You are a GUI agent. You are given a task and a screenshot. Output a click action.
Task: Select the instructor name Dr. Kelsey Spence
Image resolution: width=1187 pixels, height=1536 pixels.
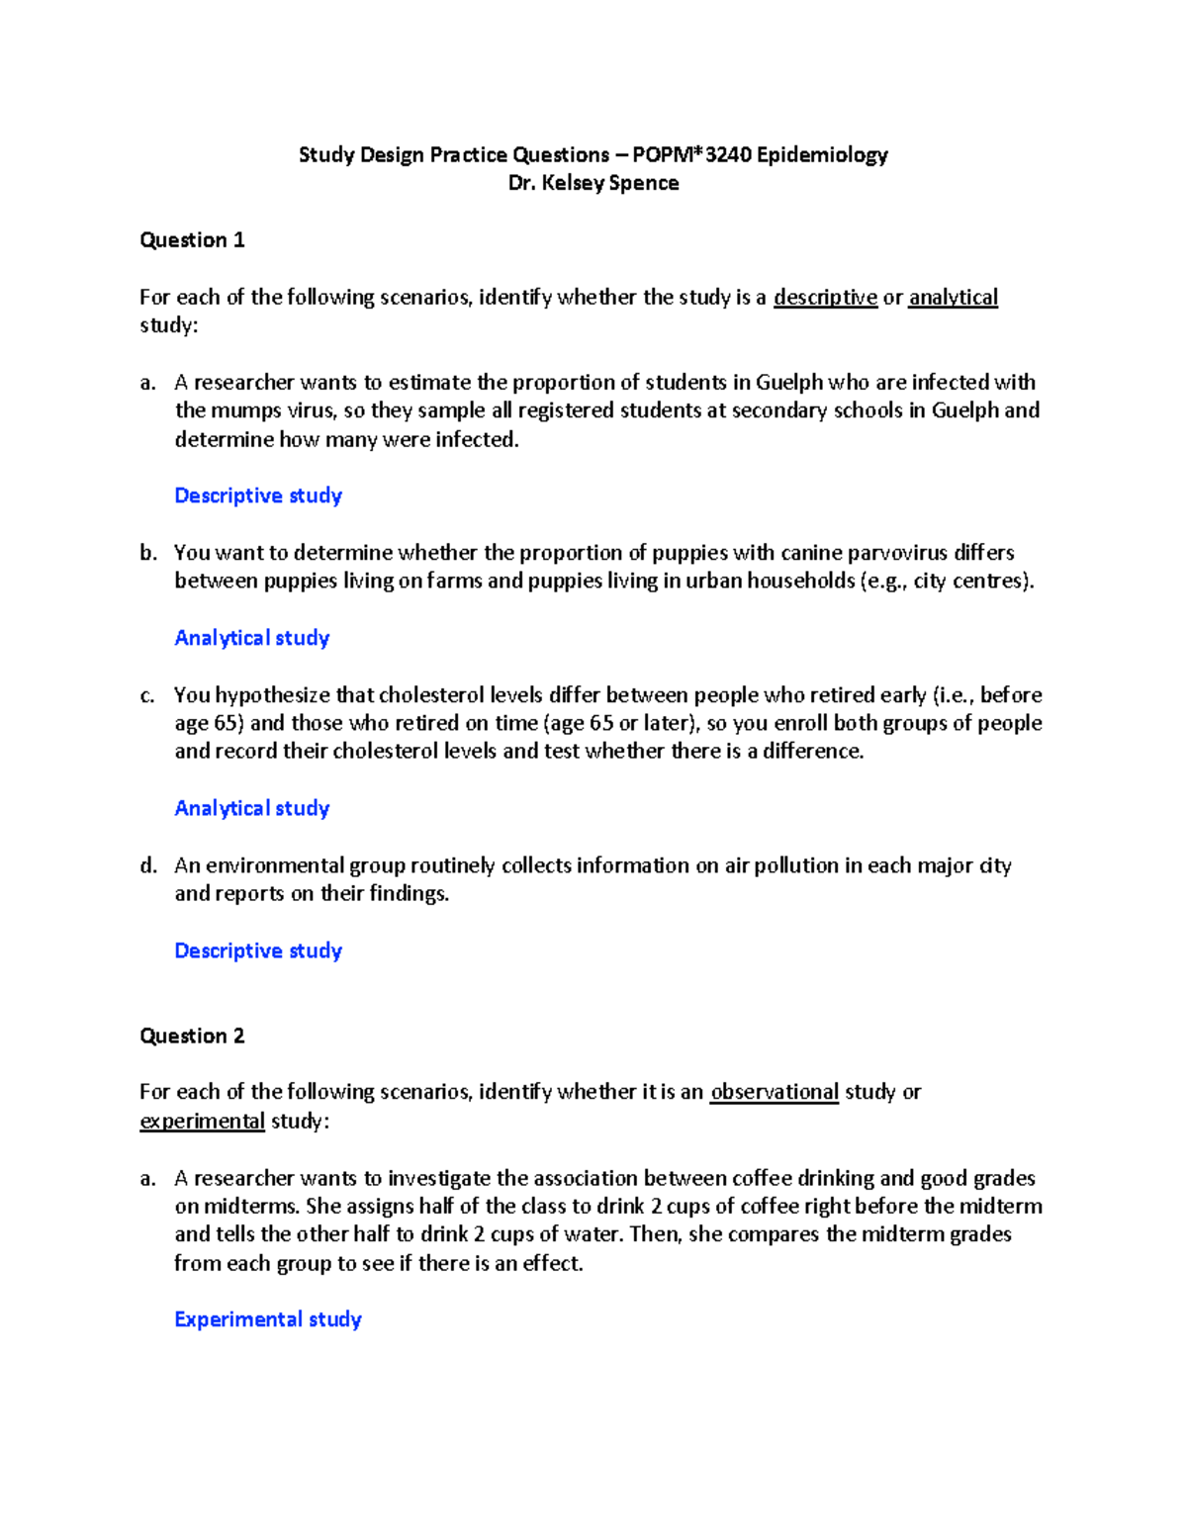593,184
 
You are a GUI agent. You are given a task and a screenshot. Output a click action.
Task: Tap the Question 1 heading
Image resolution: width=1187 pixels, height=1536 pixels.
192,240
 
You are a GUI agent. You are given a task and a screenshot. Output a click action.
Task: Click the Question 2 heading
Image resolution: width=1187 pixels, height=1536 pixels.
192,1037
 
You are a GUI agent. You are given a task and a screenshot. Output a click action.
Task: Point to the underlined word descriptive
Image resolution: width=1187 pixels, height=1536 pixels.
825,298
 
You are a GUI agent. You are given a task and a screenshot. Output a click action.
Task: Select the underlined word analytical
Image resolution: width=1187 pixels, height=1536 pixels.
953,298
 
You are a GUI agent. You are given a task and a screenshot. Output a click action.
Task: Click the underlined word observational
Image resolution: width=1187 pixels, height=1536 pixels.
774,1093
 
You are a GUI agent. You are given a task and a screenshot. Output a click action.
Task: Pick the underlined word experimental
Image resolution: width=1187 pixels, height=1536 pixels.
202,1122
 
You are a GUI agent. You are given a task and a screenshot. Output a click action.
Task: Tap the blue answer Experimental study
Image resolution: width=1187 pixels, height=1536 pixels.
268,1320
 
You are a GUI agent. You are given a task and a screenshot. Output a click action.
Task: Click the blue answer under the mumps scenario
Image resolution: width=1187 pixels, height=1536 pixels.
258,497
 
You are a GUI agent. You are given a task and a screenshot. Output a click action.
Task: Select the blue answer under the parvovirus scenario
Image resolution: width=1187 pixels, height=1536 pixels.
252,639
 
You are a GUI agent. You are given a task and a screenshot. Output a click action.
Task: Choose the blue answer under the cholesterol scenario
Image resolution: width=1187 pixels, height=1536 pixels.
252,809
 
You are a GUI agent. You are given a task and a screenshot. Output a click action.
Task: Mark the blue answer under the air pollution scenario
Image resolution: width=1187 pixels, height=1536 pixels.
258,951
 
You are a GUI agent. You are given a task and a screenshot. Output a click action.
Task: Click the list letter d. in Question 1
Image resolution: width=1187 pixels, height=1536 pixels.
148,866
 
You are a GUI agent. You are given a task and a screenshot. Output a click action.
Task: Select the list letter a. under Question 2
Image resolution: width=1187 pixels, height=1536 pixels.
148,1179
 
